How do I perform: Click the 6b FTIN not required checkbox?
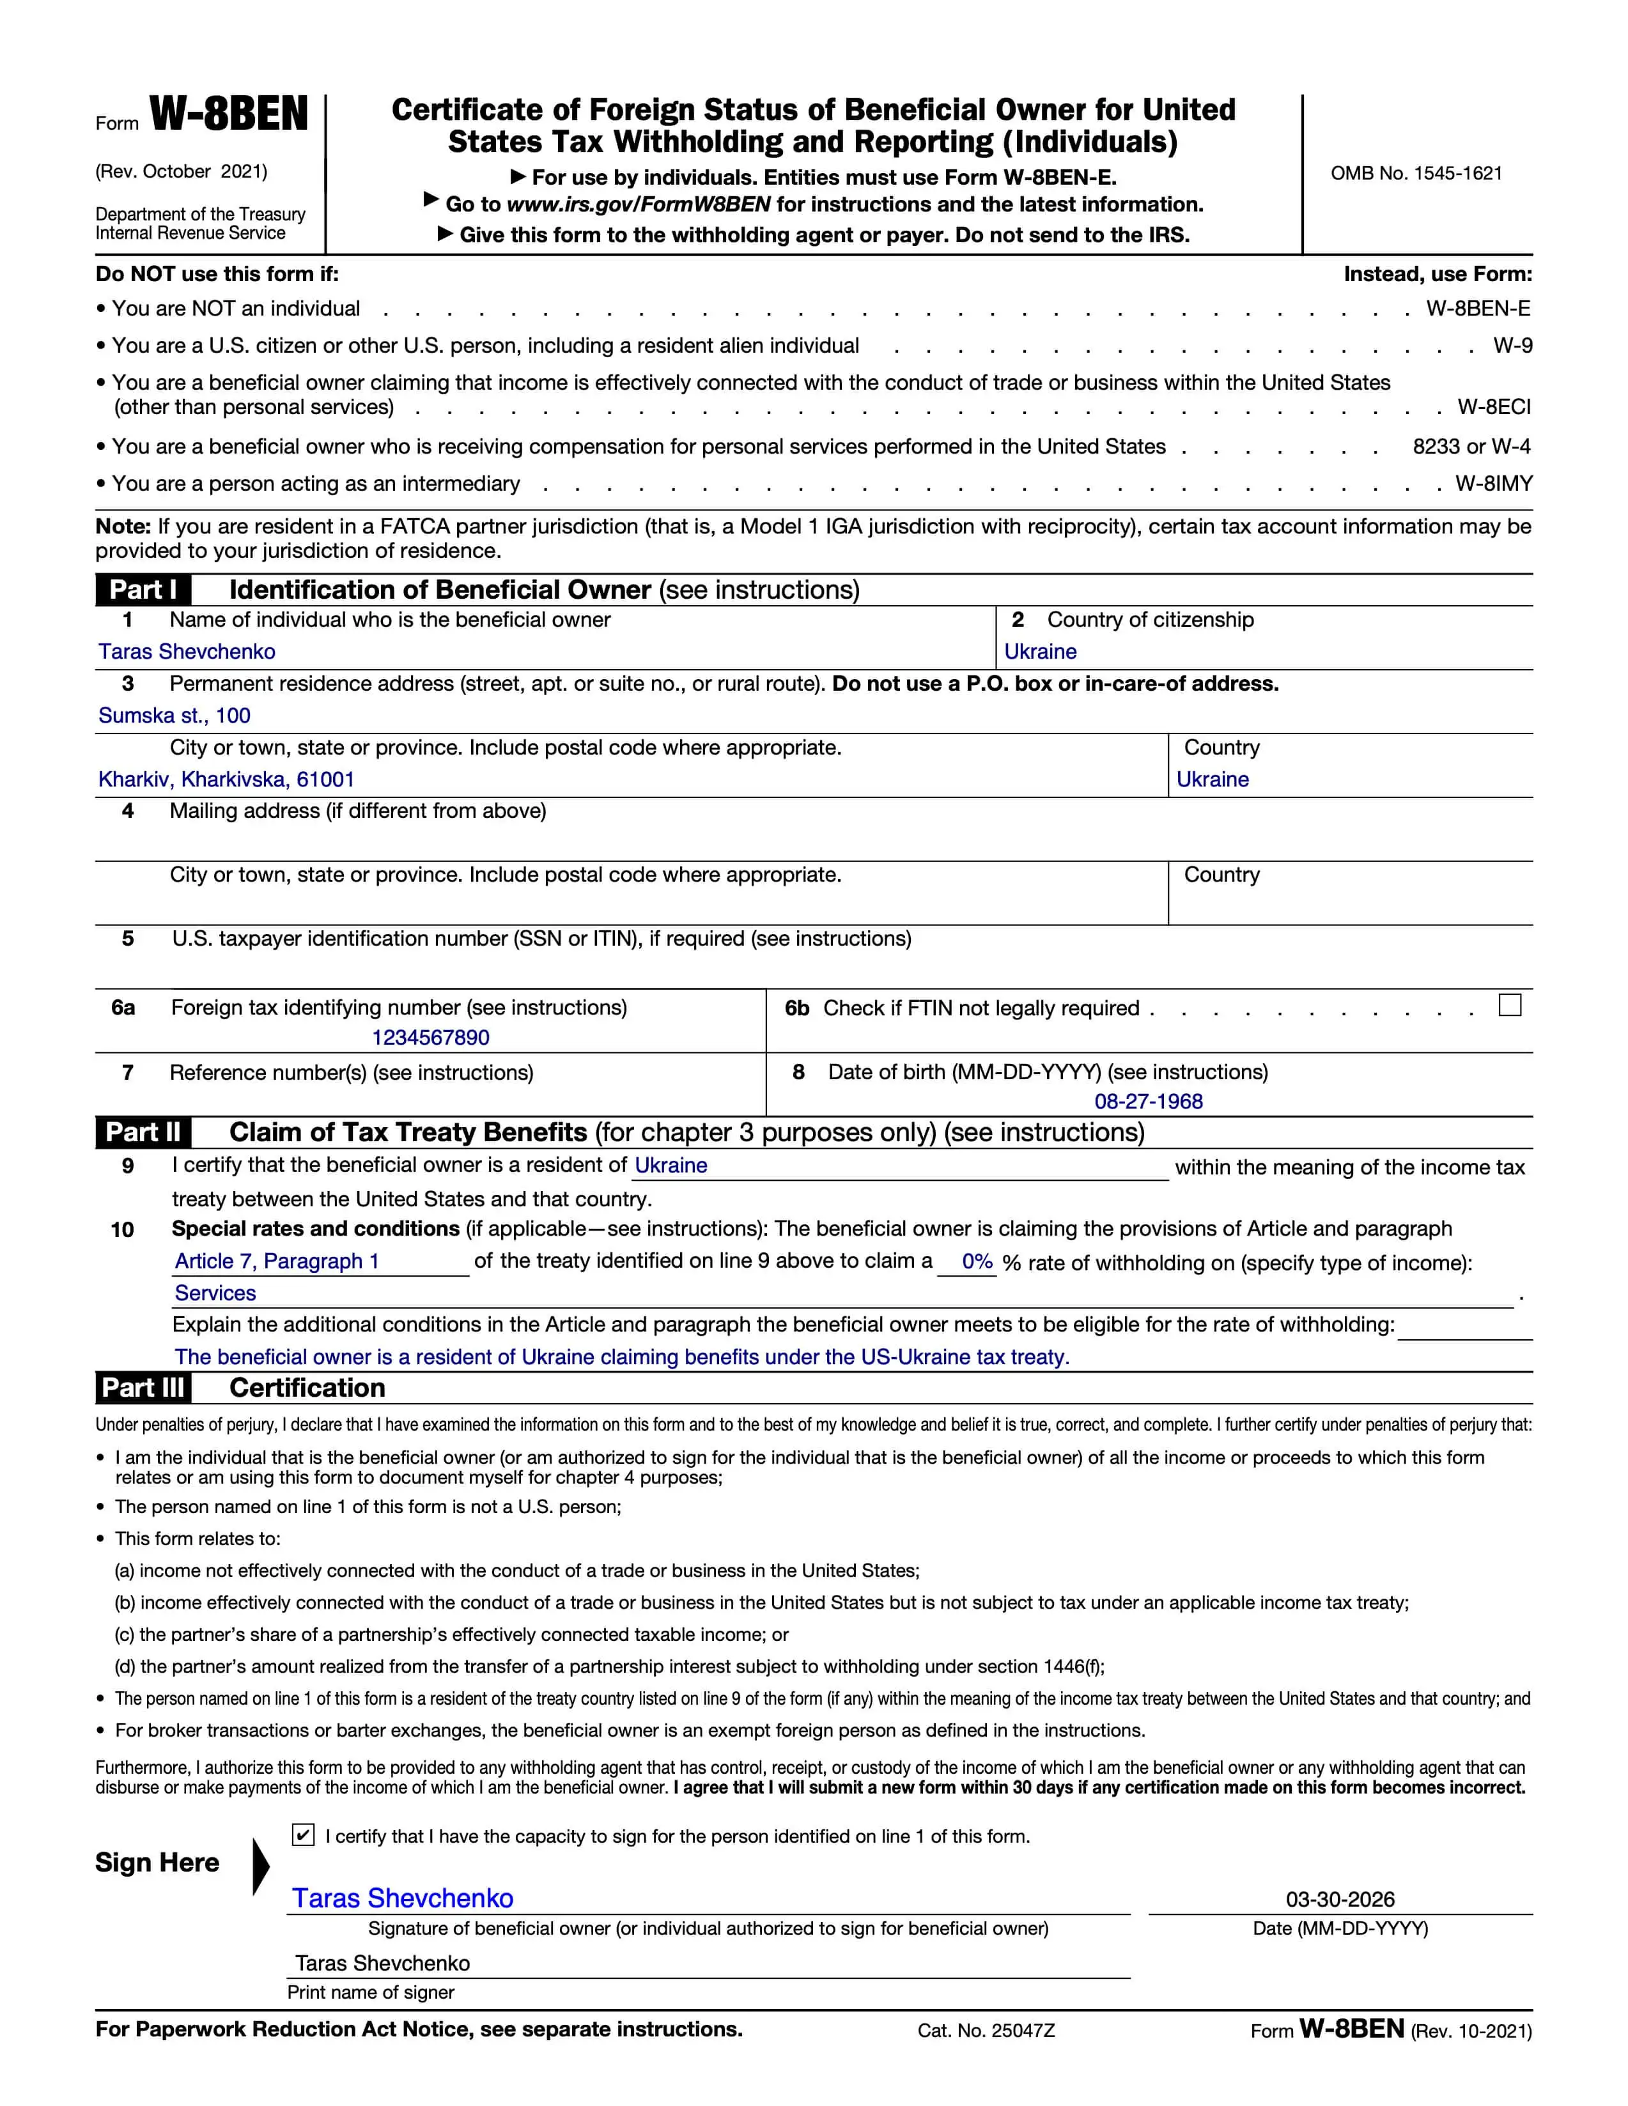pyautogui.click(x=1509, y=1005)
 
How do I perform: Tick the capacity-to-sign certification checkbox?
pyautogui.click(x=303, y=1835)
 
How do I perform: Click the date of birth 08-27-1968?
pyautogui.click(x=1148, y=1101)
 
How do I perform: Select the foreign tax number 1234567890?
pyautogui.click(x=430, y=1038)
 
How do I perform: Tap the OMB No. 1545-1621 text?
pyautogui.click(x=1416, y=174)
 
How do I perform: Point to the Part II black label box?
pyautogui.click(x=143, y=1132)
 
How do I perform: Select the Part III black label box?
pyautogui.click(x=143, y=1388)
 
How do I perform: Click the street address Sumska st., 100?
pyautogui.click(x=174, y=716)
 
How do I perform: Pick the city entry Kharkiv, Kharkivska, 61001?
pyautogui.click(x=227, y=779)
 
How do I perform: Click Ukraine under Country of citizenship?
pyautogui.click(x=1040, y=652)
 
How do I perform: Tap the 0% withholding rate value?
pyautogui.click(x=977, y=1261)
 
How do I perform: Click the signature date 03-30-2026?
pyautogui.click(x=1340, y=1899)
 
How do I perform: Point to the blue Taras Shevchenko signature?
pyautogui.click(x=403, y=1898)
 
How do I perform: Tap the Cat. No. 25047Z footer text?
pyautogui.click(x=986, y=2031)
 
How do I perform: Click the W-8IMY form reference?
pyautogui.click(x=1493, y=484)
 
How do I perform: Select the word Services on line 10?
pyautogui.click(x=215, y=1293)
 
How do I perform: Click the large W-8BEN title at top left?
pyautogui.click(x=229, y=115)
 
